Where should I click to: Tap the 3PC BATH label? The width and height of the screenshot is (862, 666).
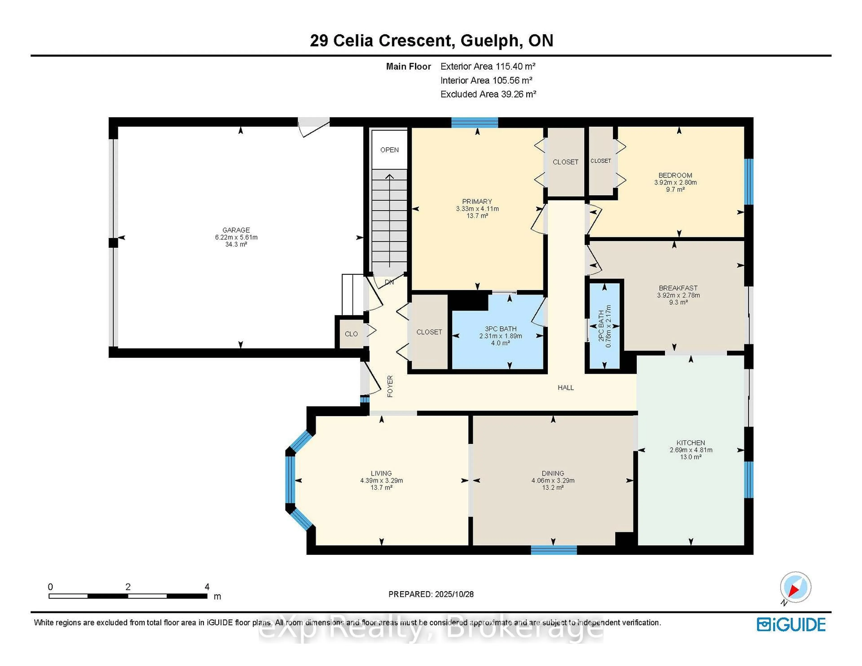point(500,329)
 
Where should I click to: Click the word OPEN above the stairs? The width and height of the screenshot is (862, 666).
point(389,150)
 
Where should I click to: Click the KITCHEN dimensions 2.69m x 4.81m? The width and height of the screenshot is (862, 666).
point(691,450)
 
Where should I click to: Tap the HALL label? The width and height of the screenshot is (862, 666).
point(566,388)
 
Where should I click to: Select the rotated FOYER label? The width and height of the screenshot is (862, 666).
point(390,386)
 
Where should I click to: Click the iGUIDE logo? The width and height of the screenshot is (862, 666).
point(791,624)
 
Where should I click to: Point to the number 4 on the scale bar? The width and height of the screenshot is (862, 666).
point(207,587)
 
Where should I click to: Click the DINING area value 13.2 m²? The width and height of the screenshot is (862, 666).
point(553,488)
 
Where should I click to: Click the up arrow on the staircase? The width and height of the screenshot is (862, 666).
point(389,177)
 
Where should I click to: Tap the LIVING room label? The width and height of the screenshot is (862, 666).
point(381,473)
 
